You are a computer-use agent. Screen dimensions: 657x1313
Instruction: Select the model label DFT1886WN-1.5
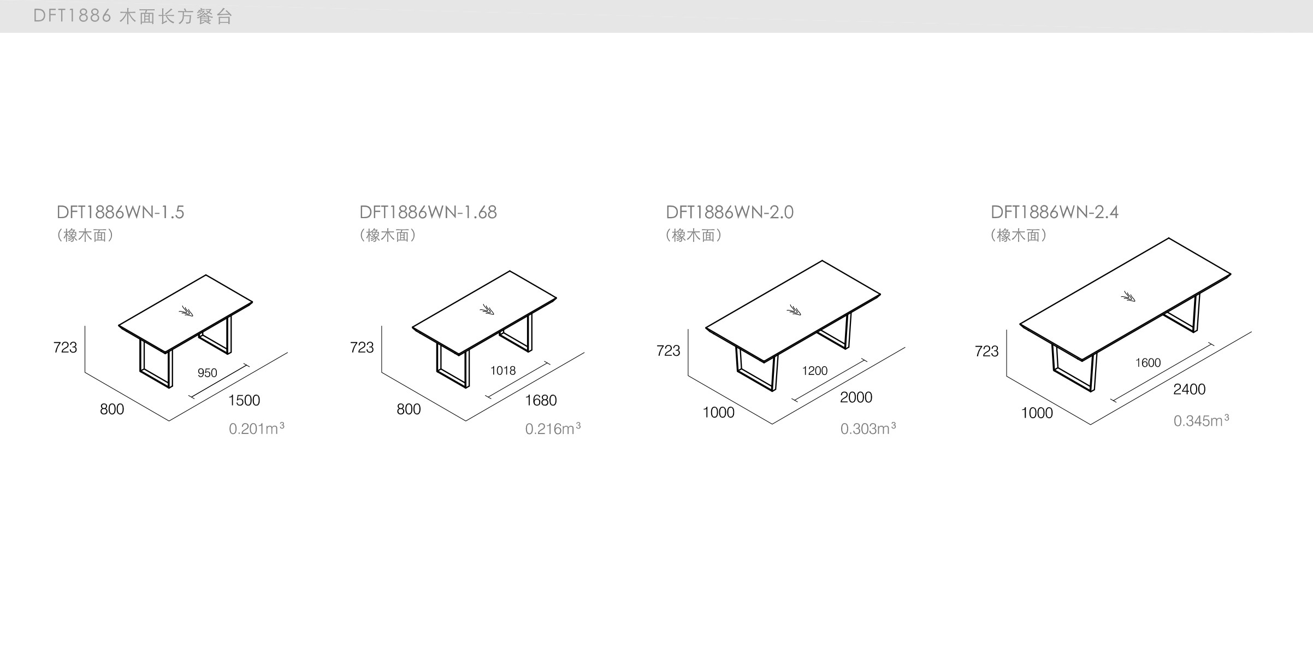click(x=120, y=212)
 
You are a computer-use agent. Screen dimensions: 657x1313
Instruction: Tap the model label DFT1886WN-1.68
click(x=428, y=212)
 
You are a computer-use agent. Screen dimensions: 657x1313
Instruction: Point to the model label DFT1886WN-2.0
click(x=729, y=212)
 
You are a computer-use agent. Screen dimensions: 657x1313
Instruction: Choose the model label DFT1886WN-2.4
click(x=1054, y=212)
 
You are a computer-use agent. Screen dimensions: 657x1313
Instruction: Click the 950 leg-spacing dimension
click(x=207, y=373)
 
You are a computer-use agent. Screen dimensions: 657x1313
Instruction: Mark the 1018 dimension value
click(x=502, y=371)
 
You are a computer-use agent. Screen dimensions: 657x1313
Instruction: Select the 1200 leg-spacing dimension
click(x=814, y=371)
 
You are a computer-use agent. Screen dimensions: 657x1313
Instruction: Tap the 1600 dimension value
click(x=1148, y=362)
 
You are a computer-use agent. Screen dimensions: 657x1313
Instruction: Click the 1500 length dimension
click(x=244, y=400)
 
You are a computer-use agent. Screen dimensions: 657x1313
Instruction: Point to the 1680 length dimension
click(x=540, y=400)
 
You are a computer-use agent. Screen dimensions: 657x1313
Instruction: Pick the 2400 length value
click(x=1189, y=389)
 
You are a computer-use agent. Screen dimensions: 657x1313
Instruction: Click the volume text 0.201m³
click(x=256, y=429)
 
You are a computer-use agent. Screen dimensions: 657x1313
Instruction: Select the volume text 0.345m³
click(x=1201, y=420)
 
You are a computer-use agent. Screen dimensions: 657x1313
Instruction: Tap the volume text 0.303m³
click(x=867, y=429)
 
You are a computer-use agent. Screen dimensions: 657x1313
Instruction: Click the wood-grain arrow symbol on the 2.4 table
click(x=1128, y=297)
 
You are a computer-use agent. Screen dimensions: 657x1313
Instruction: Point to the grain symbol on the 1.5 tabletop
click(x=186, y=312)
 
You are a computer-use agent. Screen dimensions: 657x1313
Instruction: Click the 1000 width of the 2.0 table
click(x=718, y=412)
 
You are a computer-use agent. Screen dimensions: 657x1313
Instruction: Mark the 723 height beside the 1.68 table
click(x=362, y=347)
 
